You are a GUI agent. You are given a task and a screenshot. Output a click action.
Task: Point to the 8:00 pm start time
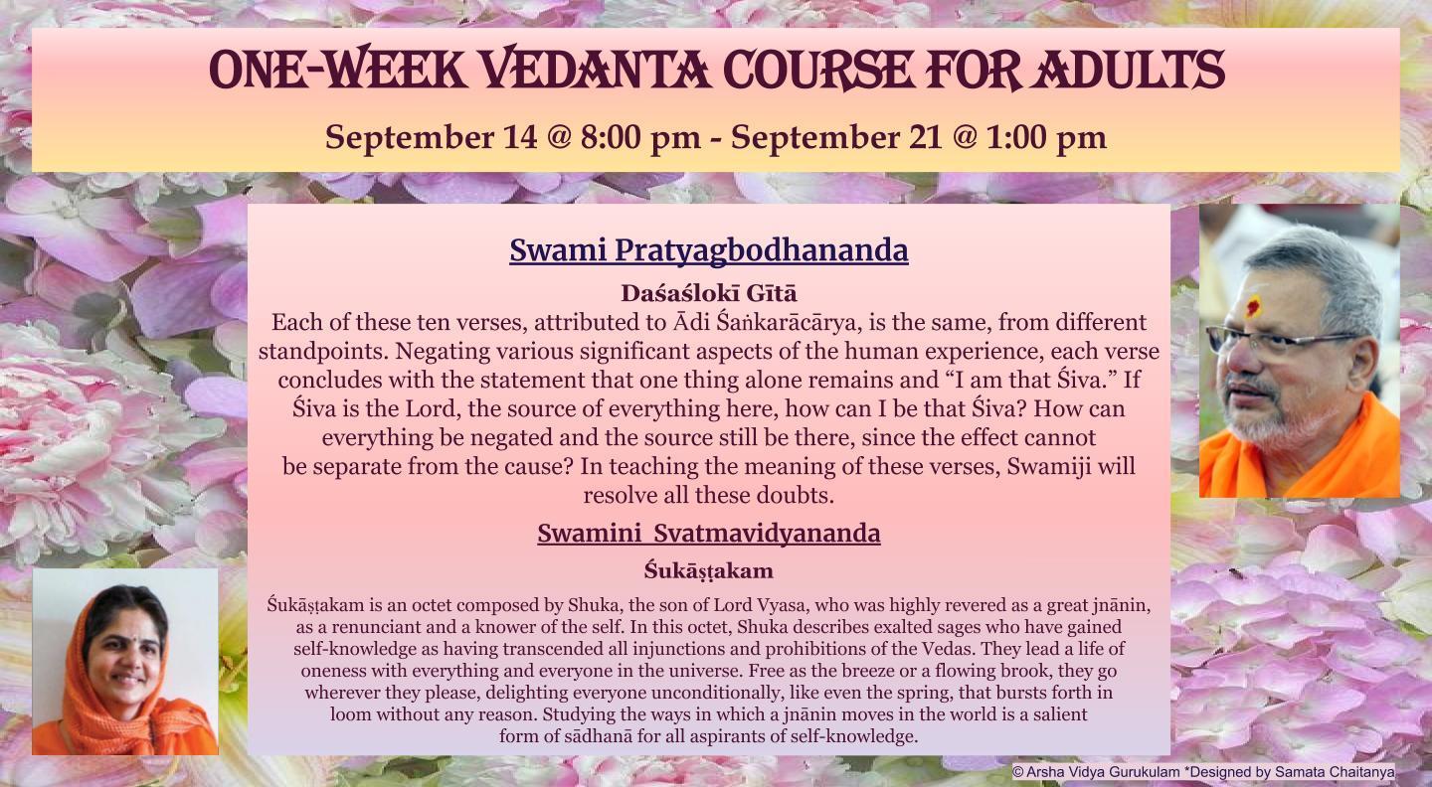click(640, 137)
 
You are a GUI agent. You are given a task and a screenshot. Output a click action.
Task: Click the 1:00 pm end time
click(1046, 137)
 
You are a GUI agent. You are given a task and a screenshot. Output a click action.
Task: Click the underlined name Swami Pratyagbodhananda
click(709, 250)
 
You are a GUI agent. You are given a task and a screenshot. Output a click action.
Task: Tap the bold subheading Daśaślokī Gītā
click(709, 293)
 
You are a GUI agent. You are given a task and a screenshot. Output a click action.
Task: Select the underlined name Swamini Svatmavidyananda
click(709, 533)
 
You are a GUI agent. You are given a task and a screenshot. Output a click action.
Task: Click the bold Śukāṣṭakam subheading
click(709, 570)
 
